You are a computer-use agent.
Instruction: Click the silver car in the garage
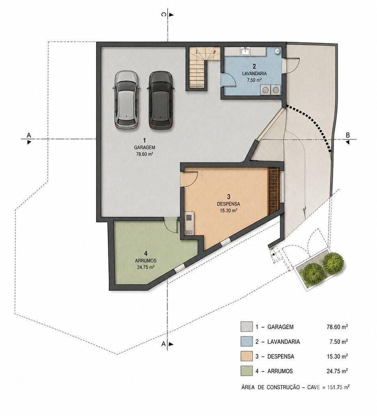[126, 100]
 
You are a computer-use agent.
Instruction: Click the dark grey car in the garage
[161, 100]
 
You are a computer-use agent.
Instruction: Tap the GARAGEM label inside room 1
[144, 147]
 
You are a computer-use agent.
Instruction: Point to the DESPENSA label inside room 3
[228, 204]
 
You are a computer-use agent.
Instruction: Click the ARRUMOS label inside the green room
[145, 260]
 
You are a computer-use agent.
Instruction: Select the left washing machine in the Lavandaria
[265, 90]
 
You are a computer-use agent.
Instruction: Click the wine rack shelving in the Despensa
[273, 191]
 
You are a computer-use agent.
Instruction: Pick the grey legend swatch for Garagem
[247, 327]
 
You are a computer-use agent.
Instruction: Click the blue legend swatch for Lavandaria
[247, 341]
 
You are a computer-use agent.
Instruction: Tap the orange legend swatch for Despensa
[247, 356]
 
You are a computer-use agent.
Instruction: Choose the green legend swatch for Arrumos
[247, 371]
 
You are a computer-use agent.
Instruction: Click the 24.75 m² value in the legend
[337, 371]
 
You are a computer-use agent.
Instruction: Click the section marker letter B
[348, 135]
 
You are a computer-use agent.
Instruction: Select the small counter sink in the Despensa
[188, 218]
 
